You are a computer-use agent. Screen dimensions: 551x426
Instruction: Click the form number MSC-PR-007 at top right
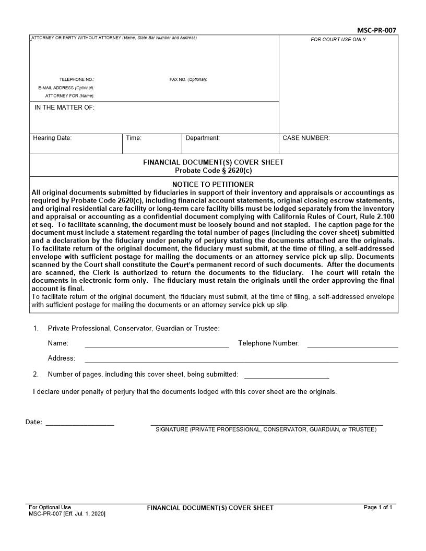tap(376, 30)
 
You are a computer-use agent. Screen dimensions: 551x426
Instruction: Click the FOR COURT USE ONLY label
tap(338, 40)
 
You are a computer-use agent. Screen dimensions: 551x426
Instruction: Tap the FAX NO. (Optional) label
tap(188, 79)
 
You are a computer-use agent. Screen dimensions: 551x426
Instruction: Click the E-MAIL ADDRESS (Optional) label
tap(66, 88)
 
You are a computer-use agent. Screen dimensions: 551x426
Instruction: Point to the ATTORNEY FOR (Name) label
tap(69, 96)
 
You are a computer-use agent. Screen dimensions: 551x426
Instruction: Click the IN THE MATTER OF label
tap(64, 107)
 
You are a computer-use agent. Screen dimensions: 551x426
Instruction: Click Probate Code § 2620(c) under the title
tap(213, 170)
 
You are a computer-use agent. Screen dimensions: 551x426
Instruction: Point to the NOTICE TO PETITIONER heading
tap(213, 184)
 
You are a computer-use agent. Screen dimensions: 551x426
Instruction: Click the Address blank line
tap(241, 361)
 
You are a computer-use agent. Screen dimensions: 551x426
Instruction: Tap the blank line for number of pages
tap(286, 377)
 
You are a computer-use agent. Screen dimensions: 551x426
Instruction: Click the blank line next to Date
tap(80, 425)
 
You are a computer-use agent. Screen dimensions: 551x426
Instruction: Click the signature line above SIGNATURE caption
tap(266, 425)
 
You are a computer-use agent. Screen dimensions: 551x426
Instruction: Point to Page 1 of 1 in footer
tap(377, 507)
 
